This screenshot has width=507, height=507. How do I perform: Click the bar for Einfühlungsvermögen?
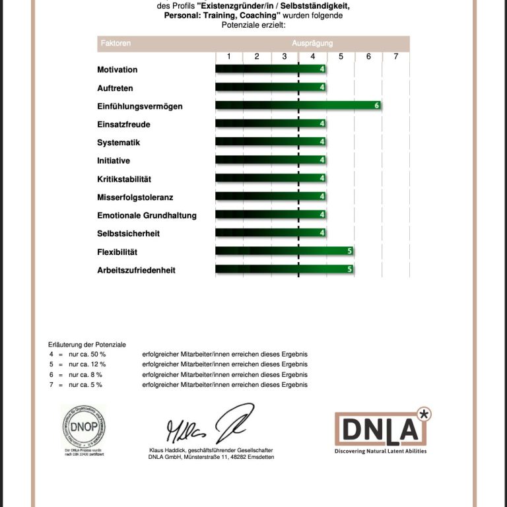pos(297,106)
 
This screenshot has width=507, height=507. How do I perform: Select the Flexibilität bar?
pos(284,252)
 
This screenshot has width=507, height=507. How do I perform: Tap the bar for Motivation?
pos(271,69)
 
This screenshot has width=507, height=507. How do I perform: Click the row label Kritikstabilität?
pos(124,179)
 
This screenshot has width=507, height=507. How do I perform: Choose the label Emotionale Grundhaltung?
pos(147,215)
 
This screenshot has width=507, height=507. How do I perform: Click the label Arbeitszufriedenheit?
pos(136,270)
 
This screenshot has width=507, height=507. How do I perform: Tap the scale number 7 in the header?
pos(395,57)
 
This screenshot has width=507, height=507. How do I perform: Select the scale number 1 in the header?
pos(229,57)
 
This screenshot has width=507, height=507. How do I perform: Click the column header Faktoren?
pos(116,43)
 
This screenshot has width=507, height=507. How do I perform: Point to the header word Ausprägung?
pos(312,43)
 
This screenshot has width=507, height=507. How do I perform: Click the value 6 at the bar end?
pos(376,106)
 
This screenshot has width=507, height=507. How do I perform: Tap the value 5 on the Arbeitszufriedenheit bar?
pos(349,269)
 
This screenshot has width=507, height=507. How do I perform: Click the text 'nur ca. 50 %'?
pos(86,355)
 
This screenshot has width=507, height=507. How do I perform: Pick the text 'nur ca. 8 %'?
pos(84,375)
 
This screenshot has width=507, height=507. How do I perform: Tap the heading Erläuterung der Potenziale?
pos(86,345)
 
